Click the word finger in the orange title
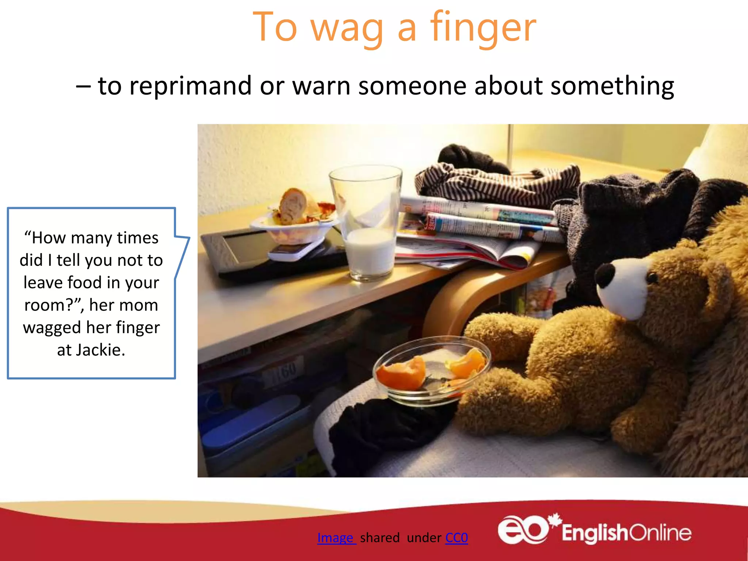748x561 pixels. (x=483, y=27)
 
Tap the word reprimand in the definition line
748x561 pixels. (x=190, y=86)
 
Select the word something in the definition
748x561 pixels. (x=612, y=86)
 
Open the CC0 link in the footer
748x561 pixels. (x=457, y=538)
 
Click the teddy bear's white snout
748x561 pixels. (x=621, y=289)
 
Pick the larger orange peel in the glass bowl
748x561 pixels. (x=402, y=373)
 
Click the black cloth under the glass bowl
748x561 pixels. (x=387, y=431)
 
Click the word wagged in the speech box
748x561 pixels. (x=52, y=328)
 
